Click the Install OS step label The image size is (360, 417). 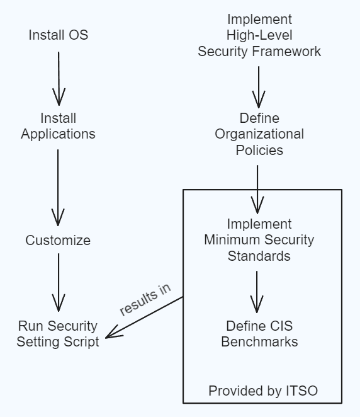[59, 35]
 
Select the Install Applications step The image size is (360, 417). [59, 126]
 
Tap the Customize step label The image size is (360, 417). [58, 241]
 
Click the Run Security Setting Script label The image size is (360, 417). [58, 334]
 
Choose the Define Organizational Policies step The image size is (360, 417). [259, 134]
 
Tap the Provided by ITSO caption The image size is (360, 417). [263, 391]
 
